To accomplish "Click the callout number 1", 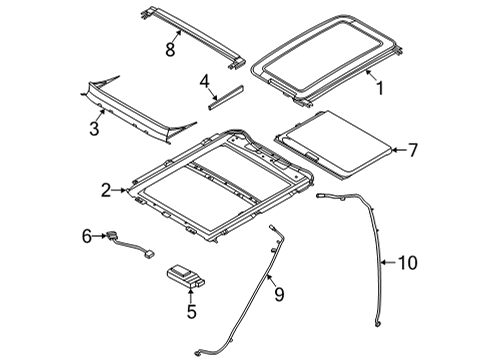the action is (x=380, y=88).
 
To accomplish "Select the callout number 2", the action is (x=106, y=190).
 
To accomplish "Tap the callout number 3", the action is (x=94, y=128).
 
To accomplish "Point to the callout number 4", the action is (x=204, y=82).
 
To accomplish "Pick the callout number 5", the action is (x=191, y=312).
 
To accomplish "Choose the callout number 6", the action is (x=87, y=236).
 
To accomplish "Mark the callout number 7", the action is (x=413, y=150).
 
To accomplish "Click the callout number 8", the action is (x=170, y=50).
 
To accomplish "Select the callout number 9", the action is (x=279, y=294).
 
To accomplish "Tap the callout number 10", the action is (x=407, y=263).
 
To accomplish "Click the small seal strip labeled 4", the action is (x=226, y=98).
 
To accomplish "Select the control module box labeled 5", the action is (x=185, y=276).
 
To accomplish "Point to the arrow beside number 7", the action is (x=399, y=150).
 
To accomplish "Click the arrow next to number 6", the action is (x=99, y=236).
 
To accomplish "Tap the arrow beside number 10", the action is (x=389, y=263).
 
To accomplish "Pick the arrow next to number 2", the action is (x=119, y=190).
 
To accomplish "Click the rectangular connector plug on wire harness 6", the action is (x=150, y=254).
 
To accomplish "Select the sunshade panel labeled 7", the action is (x=333, y=145).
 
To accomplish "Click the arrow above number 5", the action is (x=191, y=295).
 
